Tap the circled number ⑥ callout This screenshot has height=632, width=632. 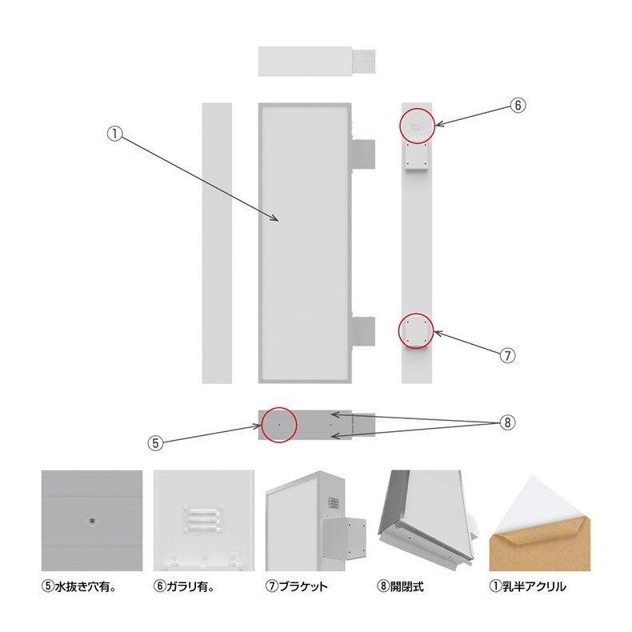518,105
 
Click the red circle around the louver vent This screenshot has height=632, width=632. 417,125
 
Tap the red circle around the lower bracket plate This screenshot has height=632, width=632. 415,332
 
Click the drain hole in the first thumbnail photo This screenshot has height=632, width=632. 91,520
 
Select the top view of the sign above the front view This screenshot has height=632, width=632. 316,60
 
